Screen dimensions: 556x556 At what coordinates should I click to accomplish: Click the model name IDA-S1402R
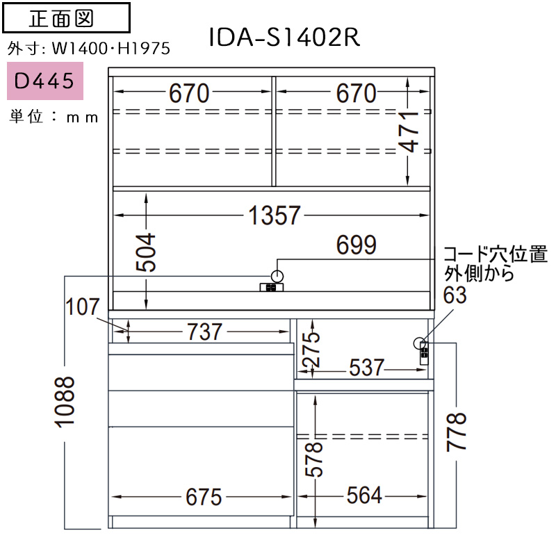click(x=284, y=37)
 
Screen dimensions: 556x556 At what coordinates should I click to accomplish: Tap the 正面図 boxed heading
click(x=66, y=18)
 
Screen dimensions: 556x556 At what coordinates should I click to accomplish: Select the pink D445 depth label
click(x=45, y=81)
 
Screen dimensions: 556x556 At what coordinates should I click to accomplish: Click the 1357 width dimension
click(x=275, y=215)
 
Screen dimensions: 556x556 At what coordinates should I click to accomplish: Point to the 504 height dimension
click(x=146, y=252)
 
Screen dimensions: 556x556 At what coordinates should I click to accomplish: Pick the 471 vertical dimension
click(x=408, y=132)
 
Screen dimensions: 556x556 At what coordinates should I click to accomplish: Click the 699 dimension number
click(x=356, y=245)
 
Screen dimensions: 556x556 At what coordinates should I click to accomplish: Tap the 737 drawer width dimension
click(x=204, y=332)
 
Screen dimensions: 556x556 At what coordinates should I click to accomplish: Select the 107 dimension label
click(x=82, y=306)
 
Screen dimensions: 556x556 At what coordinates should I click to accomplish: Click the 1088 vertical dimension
click(x=65, y=402)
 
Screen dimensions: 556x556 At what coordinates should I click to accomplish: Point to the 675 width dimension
click(x=204, y=497)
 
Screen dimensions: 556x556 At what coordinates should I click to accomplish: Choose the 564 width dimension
click(x=364, y=495)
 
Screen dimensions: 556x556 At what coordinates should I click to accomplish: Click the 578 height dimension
click(x=314, y=459)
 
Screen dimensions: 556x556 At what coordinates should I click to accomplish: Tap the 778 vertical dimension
click(x=457, y=432)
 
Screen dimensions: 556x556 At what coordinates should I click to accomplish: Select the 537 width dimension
click(x=367, y=368)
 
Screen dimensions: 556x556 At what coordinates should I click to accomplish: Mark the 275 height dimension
click(x=312, y=350)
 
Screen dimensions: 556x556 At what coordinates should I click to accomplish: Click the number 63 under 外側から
click(x=455, y=295)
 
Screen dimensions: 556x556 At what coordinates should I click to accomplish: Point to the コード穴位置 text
click(x=496, y=254)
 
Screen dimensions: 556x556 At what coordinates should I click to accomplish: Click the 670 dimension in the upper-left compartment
click(x=189, y=93)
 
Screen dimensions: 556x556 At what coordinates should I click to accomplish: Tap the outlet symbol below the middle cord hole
click(x=272, y=287)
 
